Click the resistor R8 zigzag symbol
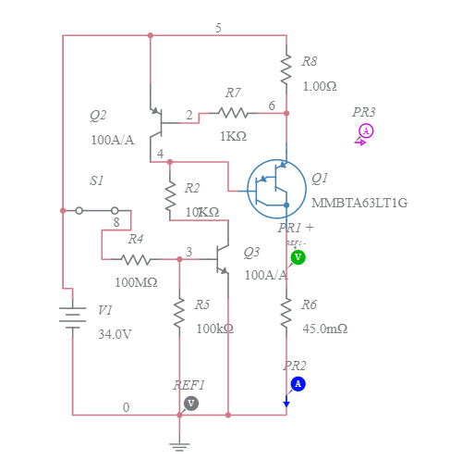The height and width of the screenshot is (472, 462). click(x=286, y=66)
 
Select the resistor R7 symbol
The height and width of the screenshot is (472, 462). click(x=233, y=113)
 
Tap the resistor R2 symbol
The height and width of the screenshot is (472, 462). click(x=170, y=195)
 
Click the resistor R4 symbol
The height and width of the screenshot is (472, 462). click(x=136, y=260)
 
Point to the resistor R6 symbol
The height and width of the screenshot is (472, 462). click(x=286, y=314)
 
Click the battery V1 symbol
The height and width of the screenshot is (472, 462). click(x=72, y=317)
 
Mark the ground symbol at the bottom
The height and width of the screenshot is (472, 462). click(x=180, y=446)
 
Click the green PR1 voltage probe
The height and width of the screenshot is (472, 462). click(x=298, y=256)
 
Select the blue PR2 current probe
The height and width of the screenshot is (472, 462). click(x=298, y=383)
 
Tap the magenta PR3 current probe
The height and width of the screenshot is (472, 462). click(x=366, y=131)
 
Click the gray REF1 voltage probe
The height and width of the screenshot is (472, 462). click(x=191, y=403)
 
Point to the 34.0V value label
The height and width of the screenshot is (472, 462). click(x=115, y=334)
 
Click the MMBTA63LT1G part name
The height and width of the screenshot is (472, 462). click(x=359, y=203)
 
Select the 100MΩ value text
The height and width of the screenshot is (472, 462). click(x=136, y=281)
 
